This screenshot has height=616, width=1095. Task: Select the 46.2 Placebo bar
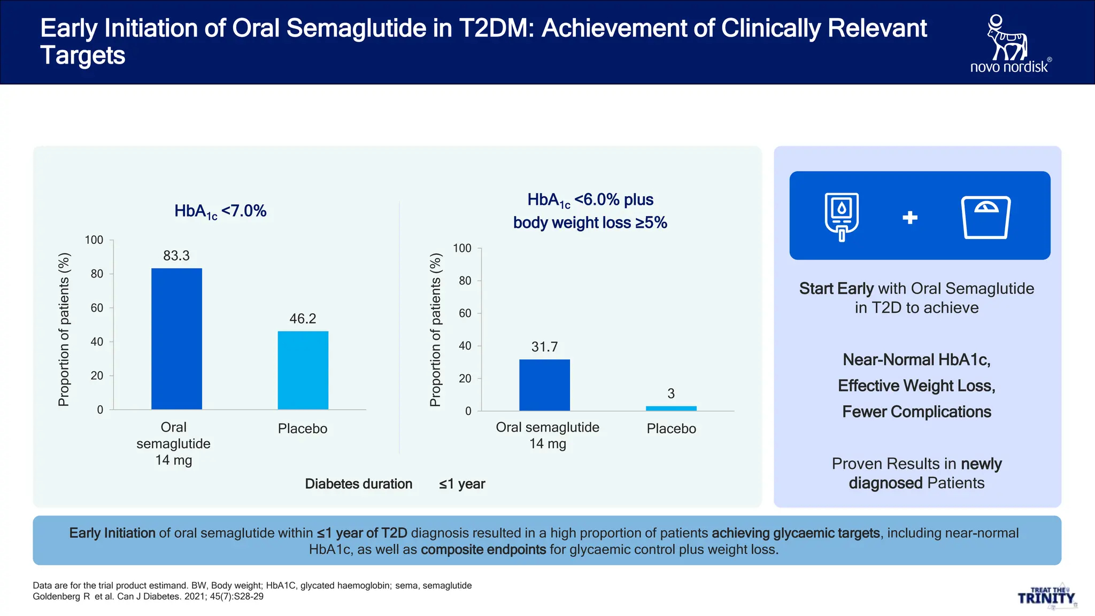click(303, 370)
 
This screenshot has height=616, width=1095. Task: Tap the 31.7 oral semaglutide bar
click(544, 385)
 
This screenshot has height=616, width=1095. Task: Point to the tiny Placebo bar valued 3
click(671, 409)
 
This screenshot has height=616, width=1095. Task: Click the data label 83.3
click(176, 256)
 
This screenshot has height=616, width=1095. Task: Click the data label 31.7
click(544, 347)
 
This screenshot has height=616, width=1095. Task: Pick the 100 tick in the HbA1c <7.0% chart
click(94, 240)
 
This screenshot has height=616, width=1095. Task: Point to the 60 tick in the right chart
click(465, 313)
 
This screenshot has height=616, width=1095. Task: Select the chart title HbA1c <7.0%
click(220, 211)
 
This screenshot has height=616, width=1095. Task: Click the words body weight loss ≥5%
click(590, 223)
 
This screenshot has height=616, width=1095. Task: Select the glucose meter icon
click(842, 217)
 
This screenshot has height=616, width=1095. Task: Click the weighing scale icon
click(986, 217)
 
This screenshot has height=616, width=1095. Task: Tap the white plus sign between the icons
click(909, 217)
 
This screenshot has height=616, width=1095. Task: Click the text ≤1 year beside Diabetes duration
click(462, 484)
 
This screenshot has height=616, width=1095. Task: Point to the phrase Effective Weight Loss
click(916, 386)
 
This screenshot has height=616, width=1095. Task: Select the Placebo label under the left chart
click(302, 429)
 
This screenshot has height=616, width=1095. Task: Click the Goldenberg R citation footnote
click(148, 597)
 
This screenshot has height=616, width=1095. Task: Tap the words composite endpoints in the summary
click(483, 550)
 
